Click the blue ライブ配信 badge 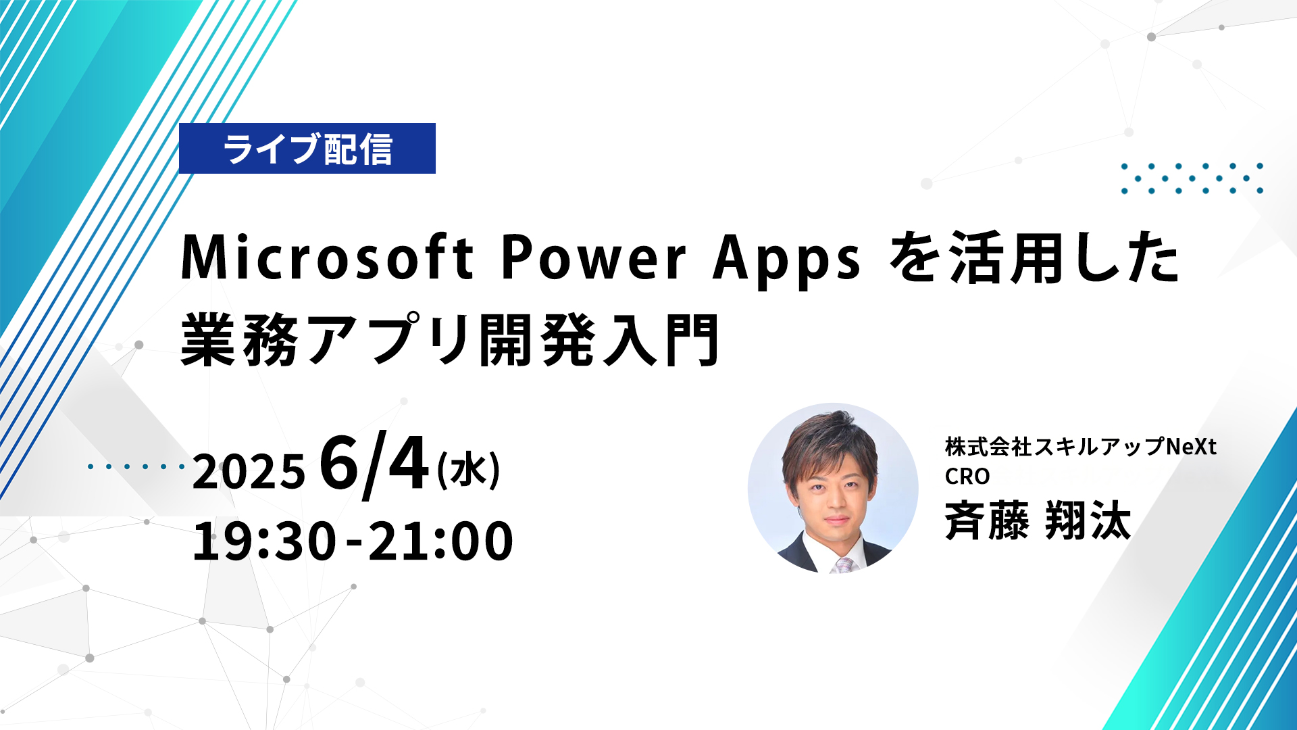307,148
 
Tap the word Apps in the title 787,261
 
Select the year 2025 249,471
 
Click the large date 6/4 374,464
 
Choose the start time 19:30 264,541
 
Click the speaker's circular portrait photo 833,489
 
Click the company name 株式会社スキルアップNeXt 1081,447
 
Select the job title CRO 967,477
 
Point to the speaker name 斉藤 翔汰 1038,520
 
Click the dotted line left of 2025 136,466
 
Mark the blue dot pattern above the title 1192,178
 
